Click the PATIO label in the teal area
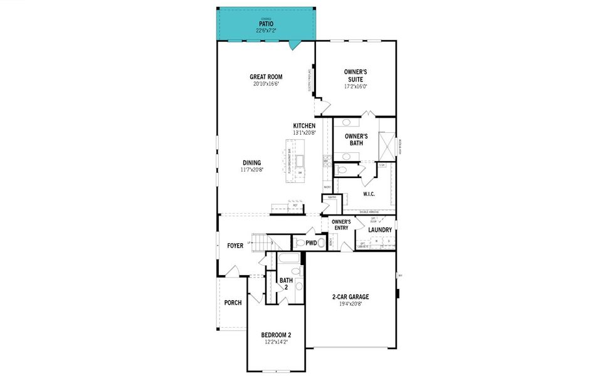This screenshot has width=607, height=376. pyautogui.click(x=266, y=24)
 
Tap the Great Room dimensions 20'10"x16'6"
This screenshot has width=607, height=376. pyautogui.click(x=266, y=83)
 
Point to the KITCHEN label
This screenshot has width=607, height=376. pyautogui.click(x=304, y=126)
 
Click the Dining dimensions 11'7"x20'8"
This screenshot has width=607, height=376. pyautogui.click(x=251, y=170)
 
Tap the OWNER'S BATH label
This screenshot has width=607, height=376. pyautogui.click(x=356, y=139)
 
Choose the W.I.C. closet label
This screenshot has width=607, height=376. pyautogui.click(x=369, y=194)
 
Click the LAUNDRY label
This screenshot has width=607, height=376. pyautogui.click(x=380, y=230)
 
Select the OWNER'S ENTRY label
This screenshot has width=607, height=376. pyautogui.click(x=340, y=224)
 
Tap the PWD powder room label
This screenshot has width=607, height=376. pyautogui.click(x=311, y=243)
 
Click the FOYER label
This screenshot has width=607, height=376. pyautogui.click(x=235, y=246)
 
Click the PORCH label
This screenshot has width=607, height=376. pyautogui.click(x=233, y=303)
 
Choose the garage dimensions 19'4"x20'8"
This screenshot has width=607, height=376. pyautogui.click(x=350, y=304)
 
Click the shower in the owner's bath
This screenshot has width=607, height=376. pyautogui.click(x=387, y=146)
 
